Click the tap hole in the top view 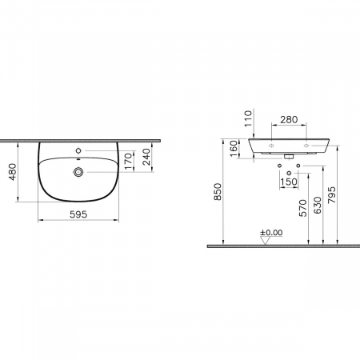[x=78, y=150]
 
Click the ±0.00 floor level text [x=271, y=233]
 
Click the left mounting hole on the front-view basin [x=271, y=146]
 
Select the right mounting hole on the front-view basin [x=306, y=146]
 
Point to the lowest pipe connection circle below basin [x=289, y=172]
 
